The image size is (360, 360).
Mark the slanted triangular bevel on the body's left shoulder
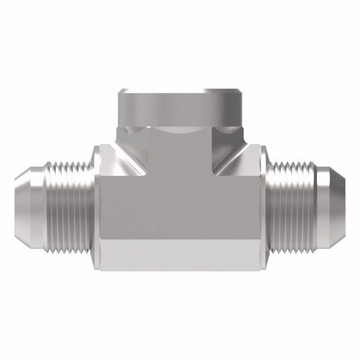(120, 162)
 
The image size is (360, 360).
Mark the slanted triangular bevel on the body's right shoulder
(240, 162)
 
